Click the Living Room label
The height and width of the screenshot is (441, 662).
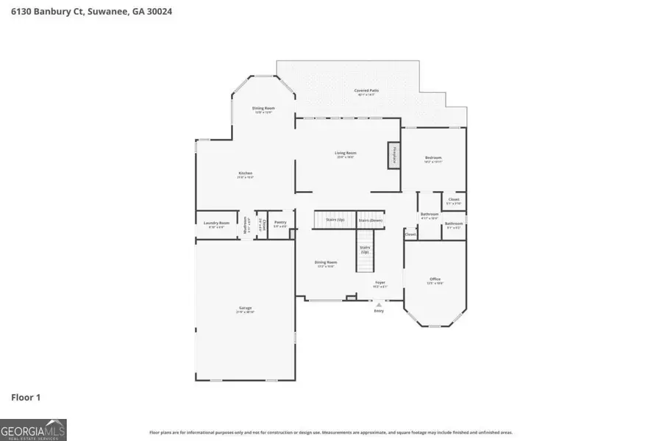pyautogui.click(x=346, y=154)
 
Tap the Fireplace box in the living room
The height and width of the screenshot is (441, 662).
pyautogui.click(x=394, y=156)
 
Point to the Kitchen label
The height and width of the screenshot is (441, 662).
pyautogui.click(x=245, y=174)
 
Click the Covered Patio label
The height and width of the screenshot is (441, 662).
pyautogui.click(x=366, y=91)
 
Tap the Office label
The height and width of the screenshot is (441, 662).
pyautogui.click(x=435, y=279)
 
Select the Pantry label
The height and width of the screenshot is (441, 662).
pyautogui.click(x=280, y=223)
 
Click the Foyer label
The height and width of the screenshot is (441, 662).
pyautogui.click(x=380, y=283)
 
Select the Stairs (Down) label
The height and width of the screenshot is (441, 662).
pyautogui.click(x=371, y=220)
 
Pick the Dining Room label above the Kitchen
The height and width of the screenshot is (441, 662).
pyautogui.click(x=264, y=109)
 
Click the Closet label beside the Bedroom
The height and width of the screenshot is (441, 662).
pyautogui.click(x=454, y=200)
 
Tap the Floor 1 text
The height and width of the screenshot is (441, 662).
pyautogui.click(x=26, y=398)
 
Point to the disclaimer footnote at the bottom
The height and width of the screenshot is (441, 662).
pyautogui.click(x=331, y=433)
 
